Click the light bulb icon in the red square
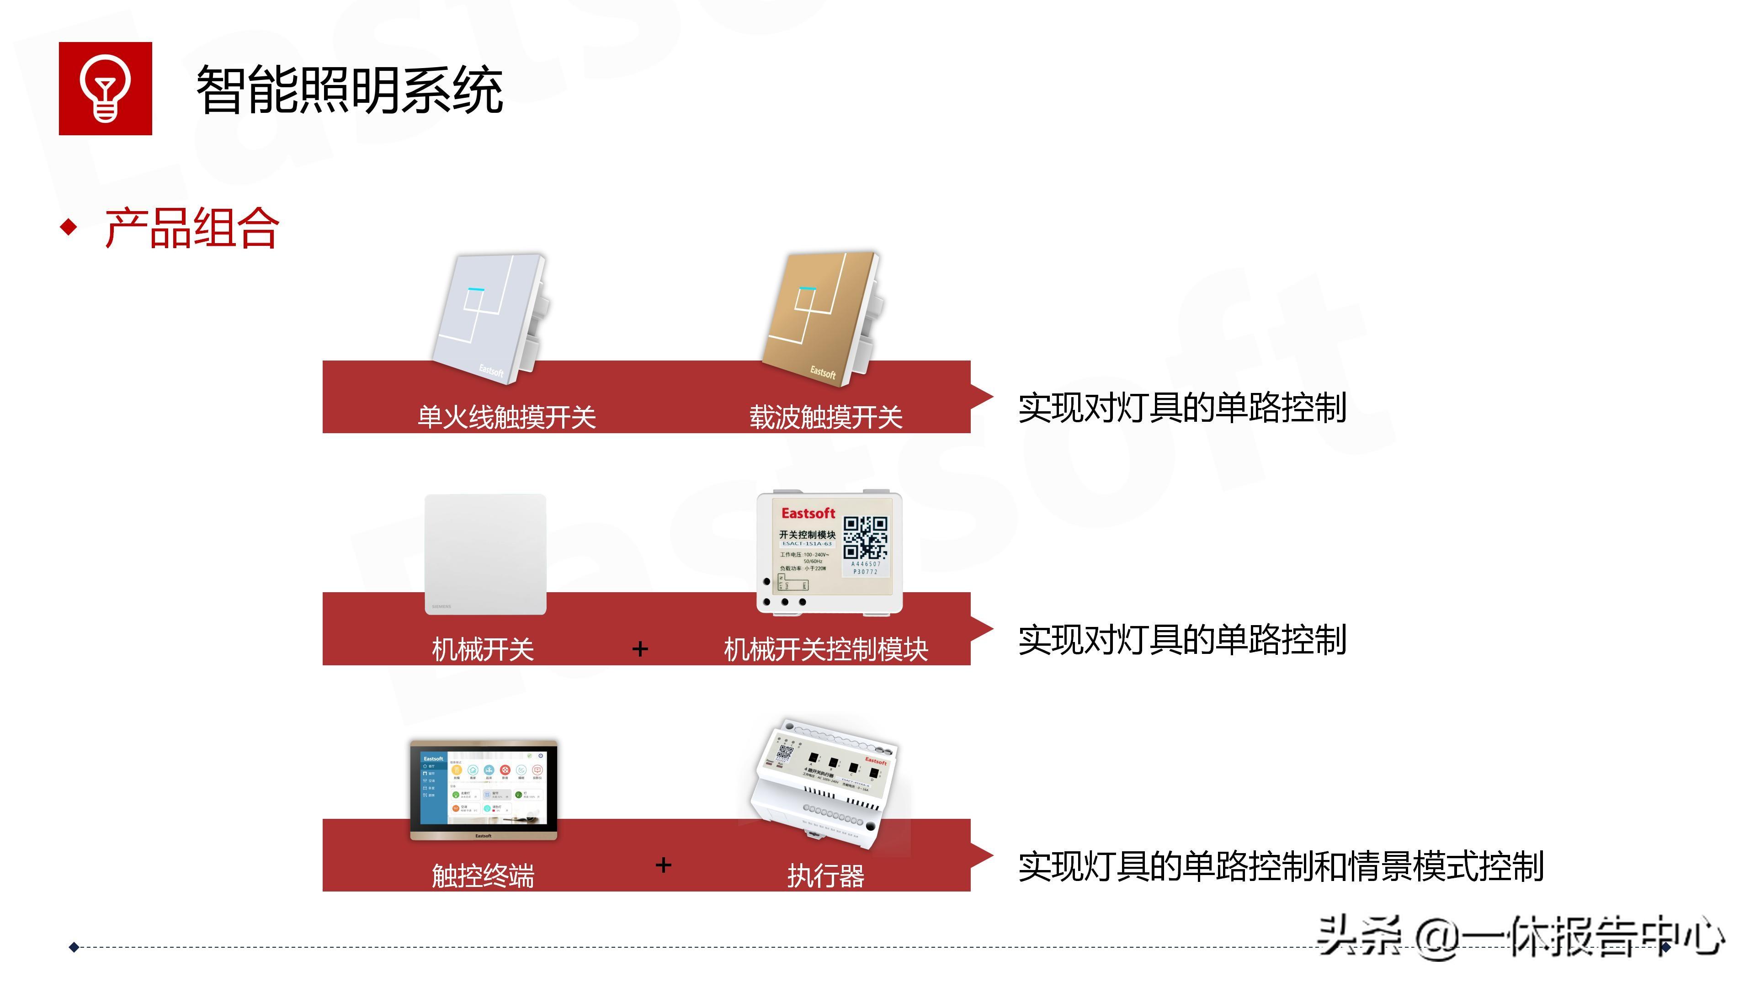coord(105,89)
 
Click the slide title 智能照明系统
coord(350,90)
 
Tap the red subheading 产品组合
coord(191,228)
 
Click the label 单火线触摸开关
coord(506,417)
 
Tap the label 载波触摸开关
coord(826,417)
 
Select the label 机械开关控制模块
coord(826,649)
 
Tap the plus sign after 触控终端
coord(663,865)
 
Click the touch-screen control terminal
coord(484,790)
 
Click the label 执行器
coord(826,876)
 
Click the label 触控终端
coord(483,876)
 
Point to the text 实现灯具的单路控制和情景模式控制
coord(1281,866)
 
